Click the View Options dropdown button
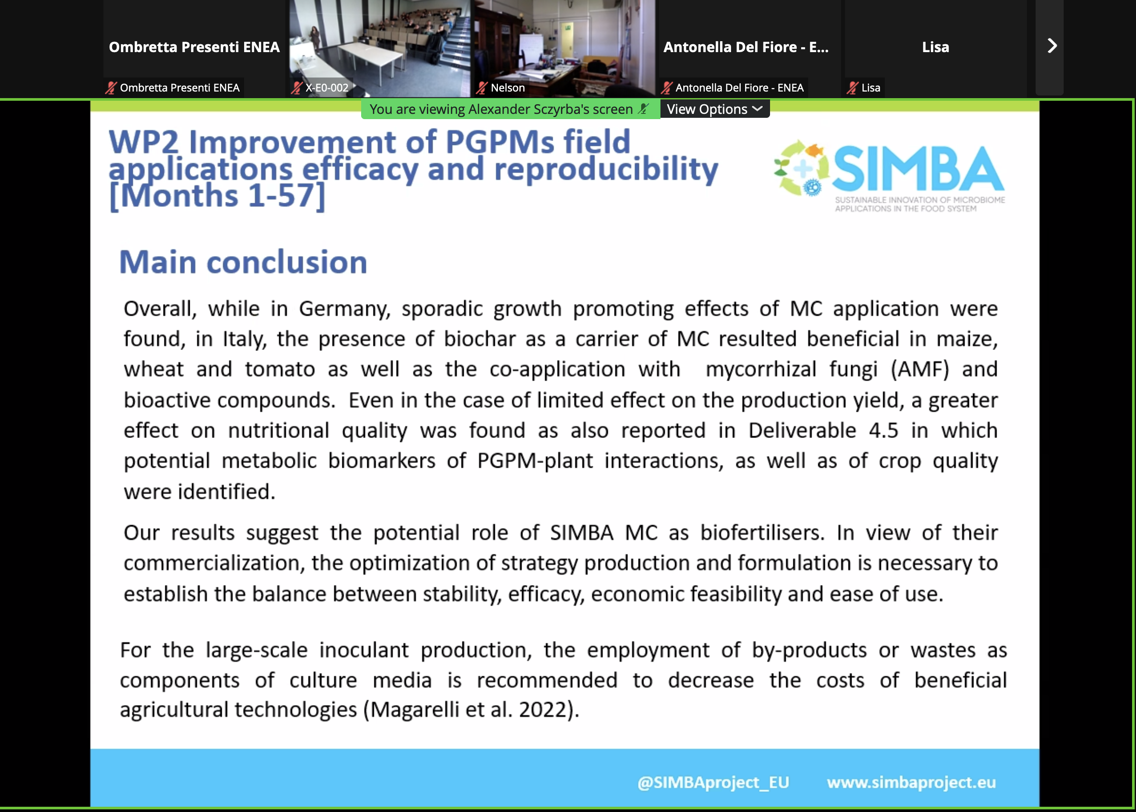[714, 109]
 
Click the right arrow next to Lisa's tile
[1051, 46]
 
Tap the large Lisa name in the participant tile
[935, 47]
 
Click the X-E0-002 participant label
[327, 88]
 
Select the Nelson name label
[507, 88]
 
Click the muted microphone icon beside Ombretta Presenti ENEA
[110, 88]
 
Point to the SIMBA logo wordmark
[917, 169]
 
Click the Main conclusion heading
[243, 262]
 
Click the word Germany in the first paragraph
[344, 309]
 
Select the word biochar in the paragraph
[480, 339]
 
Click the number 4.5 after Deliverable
[884, 431]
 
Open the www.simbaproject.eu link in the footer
[911, 783]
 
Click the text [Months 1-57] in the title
[217, 195]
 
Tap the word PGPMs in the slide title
[500, 142]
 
